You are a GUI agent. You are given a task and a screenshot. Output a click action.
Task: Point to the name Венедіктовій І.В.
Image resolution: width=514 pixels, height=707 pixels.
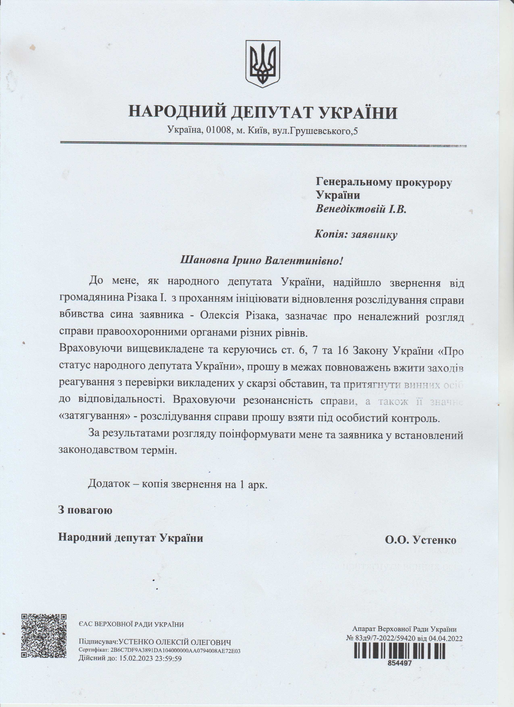point(361,208)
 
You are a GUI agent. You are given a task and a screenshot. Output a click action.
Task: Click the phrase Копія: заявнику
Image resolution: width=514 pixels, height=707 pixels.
point(356,234)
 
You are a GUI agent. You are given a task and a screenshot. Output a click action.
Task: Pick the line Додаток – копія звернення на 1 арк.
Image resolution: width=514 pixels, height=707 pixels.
point(178,484)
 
